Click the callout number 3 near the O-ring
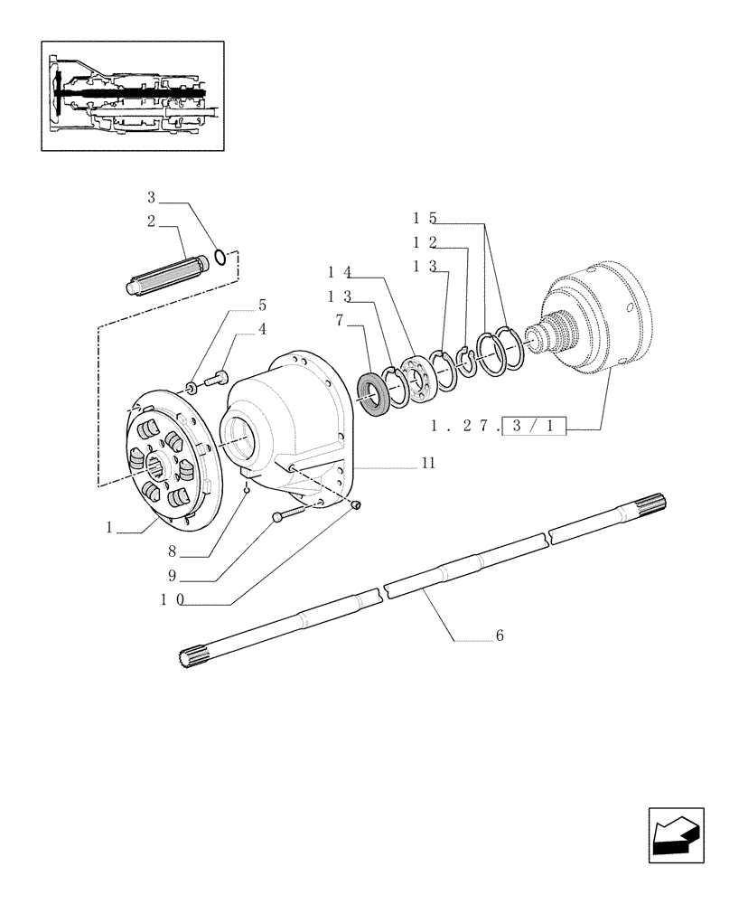click(x=152, y=197)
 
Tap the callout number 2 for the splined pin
click(x=152, y=221)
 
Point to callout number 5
click(x=262, y=306)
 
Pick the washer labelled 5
click(x=192, y=388)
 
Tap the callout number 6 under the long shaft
click(x=499, y=636)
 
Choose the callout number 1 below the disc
click(x=109, y=527)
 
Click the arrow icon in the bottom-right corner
click(x=675, y=835)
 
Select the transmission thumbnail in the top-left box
click(x=132, y=95)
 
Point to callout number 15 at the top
click(x=425, y=218)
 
